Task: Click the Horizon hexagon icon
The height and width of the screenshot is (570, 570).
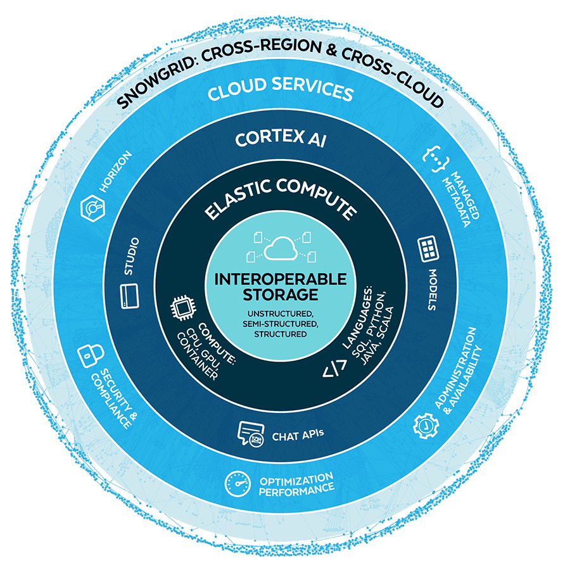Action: (92, 207)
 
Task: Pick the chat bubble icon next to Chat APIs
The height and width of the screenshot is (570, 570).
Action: (250, 435)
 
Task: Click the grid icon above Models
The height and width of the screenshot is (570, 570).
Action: (429, 250)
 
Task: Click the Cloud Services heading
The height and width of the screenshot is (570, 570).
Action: (280, 92)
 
